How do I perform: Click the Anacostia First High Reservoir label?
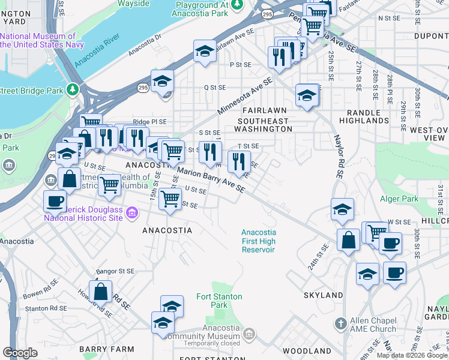pos(258,241)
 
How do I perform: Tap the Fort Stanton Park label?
pos(220,301)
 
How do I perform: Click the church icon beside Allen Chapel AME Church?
pos(340,325)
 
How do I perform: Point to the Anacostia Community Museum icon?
pos(251,333)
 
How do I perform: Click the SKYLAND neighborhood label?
pos(323,295)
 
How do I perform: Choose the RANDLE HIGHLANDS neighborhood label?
pos(364,116)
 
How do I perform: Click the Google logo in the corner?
pos(20,352)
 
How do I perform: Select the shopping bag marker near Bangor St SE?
pos(101,292)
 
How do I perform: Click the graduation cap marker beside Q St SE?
pos(162,81)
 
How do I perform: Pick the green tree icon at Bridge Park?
pos(73,89)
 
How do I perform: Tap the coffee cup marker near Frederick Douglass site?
pos(55,200)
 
